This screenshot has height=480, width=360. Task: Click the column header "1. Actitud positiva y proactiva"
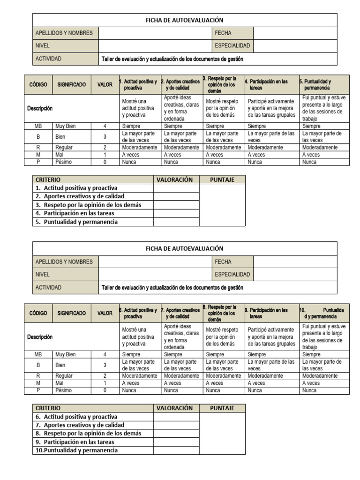coord(140,85)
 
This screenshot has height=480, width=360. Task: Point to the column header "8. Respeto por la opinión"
coord(223,313)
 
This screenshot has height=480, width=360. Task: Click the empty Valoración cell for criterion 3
coord(176,205)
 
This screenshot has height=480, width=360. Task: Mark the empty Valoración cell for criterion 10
coord(176,450)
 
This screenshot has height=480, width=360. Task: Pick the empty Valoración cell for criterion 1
coord(176,188)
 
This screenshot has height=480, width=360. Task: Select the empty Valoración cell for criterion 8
coord(176,434)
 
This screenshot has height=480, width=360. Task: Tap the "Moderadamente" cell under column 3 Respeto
coord(223,147)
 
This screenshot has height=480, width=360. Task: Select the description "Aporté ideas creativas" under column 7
coord(181,337)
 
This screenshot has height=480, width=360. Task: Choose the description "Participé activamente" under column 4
coord(271,108)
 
